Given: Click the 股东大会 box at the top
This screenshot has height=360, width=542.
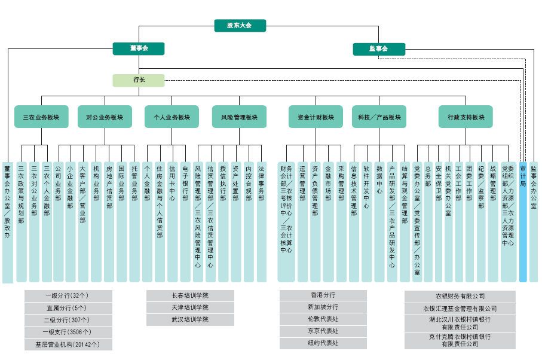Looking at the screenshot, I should (240, 26).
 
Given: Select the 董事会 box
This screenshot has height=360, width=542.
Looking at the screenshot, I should (139, 48).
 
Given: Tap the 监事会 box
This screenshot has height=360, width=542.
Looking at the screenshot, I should (378, 48).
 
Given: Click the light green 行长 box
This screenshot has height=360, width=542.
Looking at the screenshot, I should (139, 80).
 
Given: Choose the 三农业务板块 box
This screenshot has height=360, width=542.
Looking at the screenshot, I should (41, 117).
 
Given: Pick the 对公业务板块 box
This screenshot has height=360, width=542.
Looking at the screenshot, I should (105, 117).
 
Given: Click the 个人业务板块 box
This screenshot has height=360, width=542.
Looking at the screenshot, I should (172, 117).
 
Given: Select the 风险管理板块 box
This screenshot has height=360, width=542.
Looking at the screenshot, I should (239, 117).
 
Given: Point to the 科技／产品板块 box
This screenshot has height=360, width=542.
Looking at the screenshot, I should (379, 117).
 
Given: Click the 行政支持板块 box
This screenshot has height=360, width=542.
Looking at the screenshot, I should (466, 117).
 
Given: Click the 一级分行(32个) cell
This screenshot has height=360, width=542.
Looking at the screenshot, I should (68, 296).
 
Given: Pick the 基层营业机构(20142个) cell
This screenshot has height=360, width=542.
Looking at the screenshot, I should (68, 344).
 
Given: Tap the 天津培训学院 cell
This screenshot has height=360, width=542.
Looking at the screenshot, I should (190, 307).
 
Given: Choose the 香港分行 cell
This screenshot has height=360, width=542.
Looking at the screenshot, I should (323, 295).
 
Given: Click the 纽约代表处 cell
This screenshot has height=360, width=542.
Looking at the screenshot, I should (323, 343).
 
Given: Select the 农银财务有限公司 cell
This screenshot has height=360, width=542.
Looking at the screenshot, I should (460, 296).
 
